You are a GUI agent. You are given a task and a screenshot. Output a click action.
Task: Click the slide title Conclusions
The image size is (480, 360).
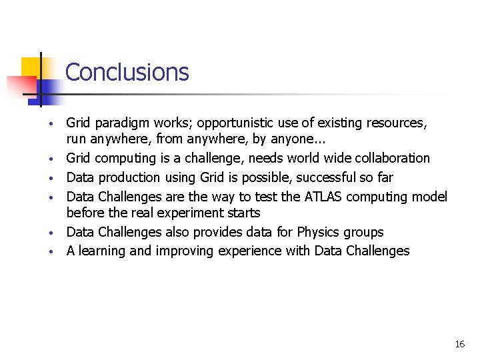click(x=127, y=72)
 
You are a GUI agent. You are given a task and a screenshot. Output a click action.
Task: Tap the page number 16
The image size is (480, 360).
click(x=459, y=344)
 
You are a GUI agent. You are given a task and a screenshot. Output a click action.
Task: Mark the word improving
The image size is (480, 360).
click(x=185, y=251)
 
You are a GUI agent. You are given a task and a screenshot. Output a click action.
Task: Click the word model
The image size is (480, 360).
click(x=430, y=196)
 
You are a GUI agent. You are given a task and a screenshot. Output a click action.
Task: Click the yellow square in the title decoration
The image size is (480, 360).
click(x=30, y=67)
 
